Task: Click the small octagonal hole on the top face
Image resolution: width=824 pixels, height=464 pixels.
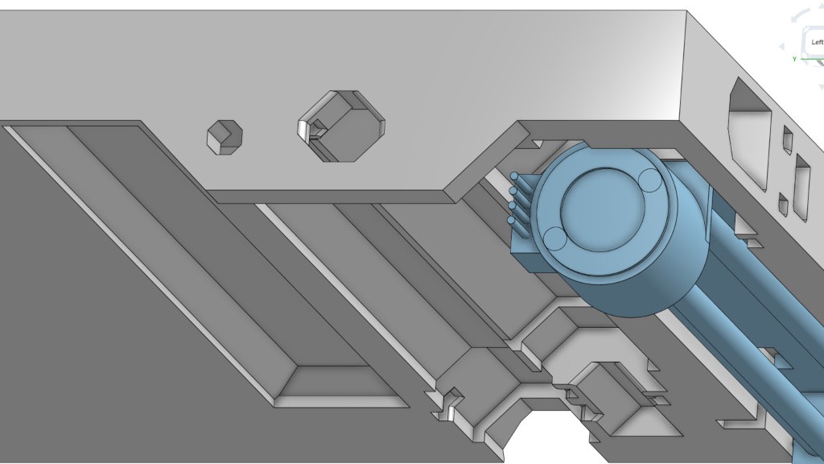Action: point(225,137)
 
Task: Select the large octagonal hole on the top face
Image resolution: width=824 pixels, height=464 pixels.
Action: point(341,126)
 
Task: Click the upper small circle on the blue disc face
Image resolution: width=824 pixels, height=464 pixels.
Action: point(650,180)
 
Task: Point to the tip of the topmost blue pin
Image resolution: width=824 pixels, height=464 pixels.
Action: point(514,176)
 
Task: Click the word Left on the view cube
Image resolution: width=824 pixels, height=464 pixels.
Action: point(818,42)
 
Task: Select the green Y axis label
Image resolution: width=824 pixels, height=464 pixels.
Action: point(795,59)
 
